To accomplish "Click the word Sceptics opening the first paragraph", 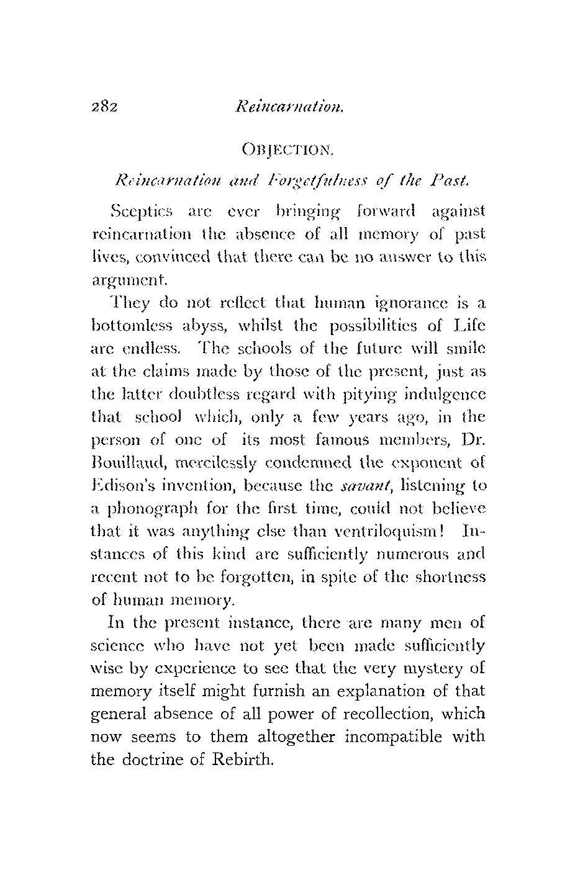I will click(136, 212).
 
